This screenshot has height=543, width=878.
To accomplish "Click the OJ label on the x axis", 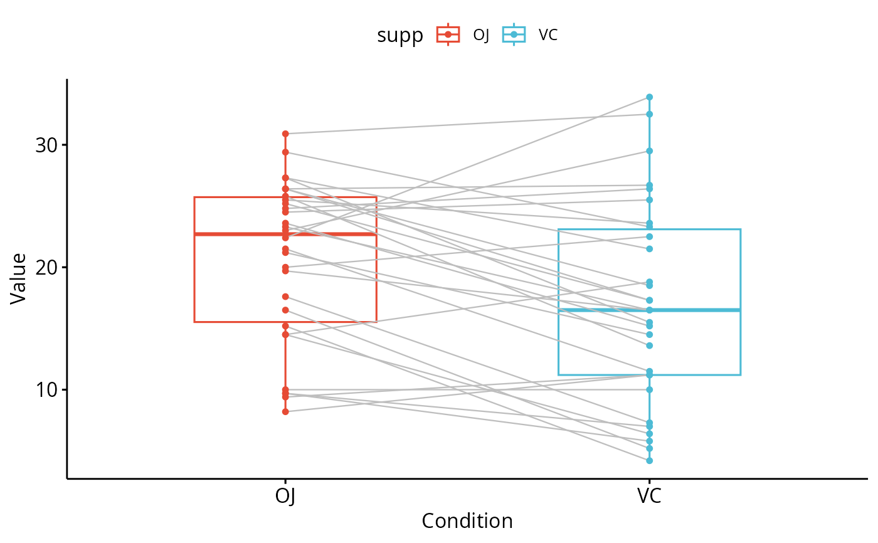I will [x=285, y=496].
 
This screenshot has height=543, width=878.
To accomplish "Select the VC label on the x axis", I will [x=649, y=496].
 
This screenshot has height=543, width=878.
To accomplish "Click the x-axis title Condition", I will [x=467, y=521].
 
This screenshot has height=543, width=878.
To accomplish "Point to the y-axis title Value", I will [x=18, y=278].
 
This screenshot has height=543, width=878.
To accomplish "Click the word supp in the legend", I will [x=399, y=36].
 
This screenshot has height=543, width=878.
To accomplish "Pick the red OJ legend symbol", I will [x=448, y=35].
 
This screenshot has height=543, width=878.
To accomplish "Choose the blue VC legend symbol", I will [x=514, y=35].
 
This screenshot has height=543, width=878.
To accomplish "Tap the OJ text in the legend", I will [x=481, y=35].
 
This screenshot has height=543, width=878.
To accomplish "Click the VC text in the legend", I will [x=548, y=35].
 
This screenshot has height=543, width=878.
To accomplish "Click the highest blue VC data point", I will [x=649, y=97].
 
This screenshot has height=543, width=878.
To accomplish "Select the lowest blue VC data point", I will [x=649, y=460].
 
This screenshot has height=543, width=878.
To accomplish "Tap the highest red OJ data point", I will [x=285, y=134].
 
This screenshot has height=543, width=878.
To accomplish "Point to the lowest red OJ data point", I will [x=285, y=411].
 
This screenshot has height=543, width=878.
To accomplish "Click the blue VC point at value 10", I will [x=649, y=389].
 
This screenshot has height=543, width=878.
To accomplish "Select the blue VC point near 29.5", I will [x=649, y=151].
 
